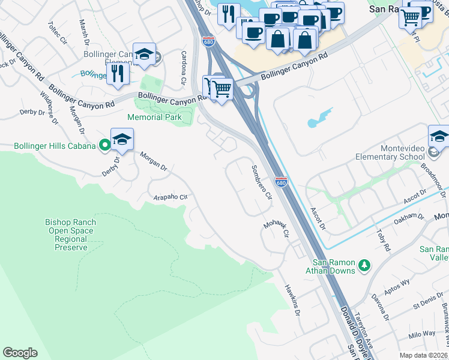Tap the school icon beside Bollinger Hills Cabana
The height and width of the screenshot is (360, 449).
pos(122,140)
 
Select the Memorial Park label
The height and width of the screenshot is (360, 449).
pos(154,117)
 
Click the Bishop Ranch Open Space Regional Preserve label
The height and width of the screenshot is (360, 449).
pos(71,235)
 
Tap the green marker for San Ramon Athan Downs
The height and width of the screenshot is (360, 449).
pos(364,265)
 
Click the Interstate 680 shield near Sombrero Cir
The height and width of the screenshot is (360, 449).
pos(280,181)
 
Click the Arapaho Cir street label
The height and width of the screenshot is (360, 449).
pos(171,197)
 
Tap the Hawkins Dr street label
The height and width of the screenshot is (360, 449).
pos(292,300)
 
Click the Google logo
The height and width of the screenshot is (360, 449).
pos(20,353)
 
